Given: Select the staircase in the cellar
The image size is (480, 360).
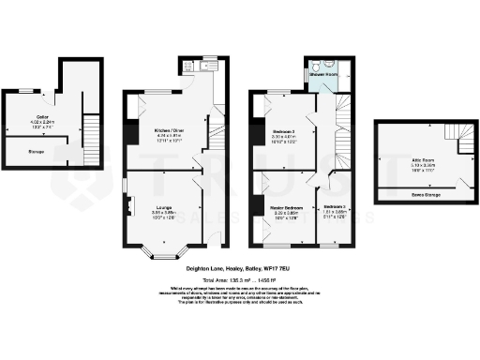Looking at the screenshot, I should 92,125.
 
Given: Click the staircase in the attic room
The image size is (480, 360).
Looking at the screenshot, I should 461,141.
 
